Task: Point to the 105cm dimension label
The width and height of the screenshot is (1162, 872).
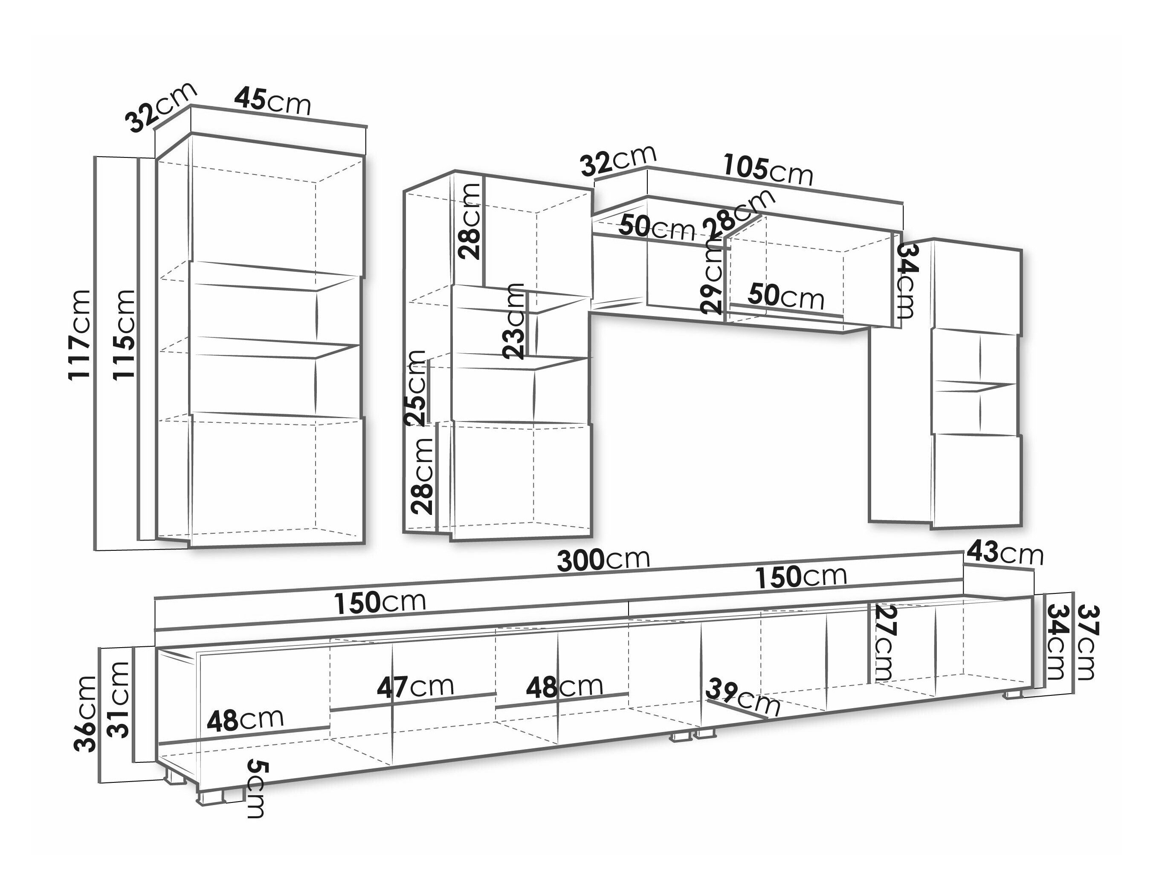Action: [x=768, y=169]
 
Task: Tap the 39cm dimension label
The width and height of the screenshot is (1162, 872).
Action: [x=743, y=698]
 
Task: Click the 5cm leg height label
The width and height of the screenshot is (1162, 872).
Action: [x=256, y=788]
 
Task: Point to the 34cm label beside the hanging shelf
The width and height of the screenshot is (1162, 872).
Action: [x=907, y=281]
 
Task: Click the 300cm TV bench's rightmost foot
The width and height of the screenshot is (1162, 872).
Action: [x=1012, y=694]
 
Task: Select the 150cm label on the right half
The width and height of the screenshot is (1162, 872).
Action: [x=801, y=577]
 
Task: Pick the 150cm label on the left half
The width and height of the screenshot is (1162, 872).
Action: [x=380, y=602]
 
